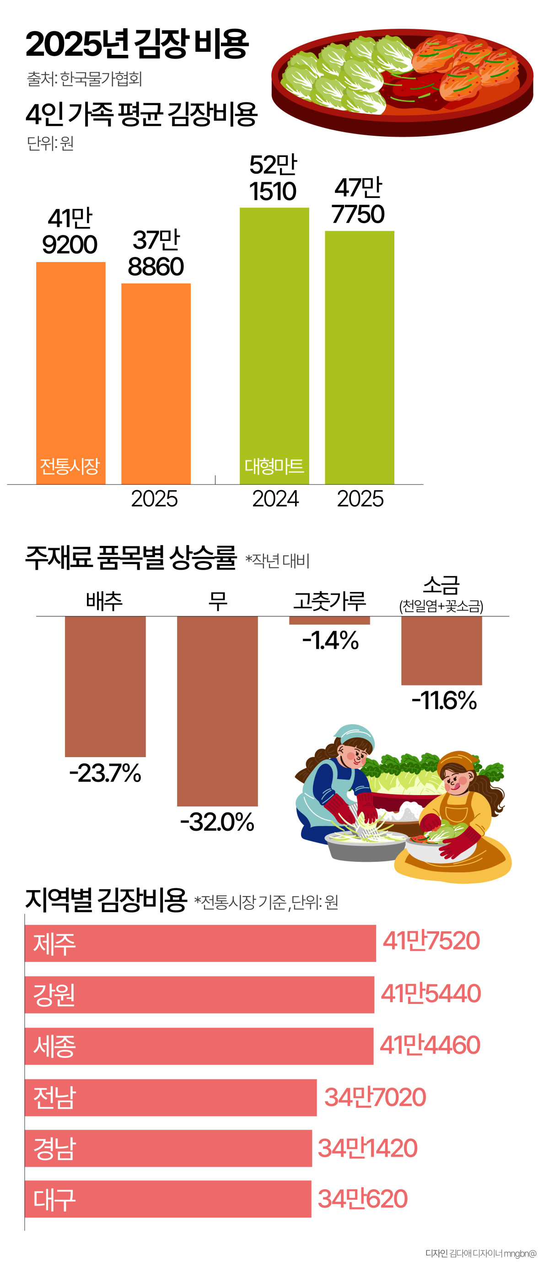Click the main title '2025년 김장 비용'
tap(137, 44)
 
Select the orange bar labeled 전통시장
tap(70, 373)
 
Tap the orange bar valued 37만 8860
tap(156, 384)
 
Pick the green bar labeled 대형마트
tap(274, 345)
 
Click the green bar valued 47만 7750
tap(359, 357)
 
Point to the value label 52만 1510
tap(273, 178)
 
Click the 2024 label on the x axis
tap(275, 499)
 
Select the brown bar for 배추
tap(105, 686)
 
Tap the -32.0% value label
tap(217, 822)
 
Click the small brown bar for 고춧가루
tap(329, 620)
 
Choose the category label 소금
tap(441, 586)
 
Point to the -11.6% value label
tap(444, 700)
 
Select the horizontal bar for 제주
tap(200, 943)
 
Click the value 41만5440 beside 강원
tap(431, 993)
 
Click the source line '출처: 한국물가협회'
tap(85, 79)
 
